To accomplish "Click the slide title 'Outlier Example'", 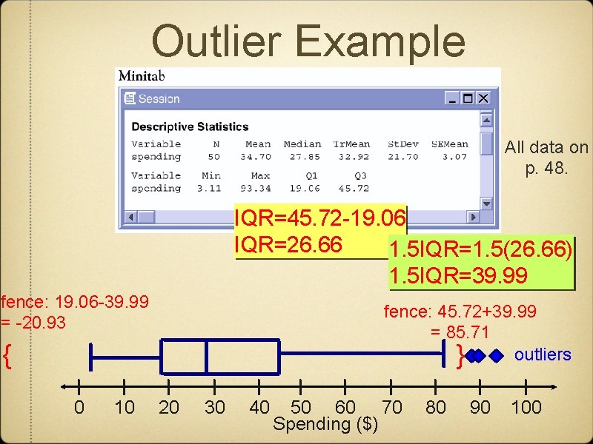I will pyautogui.click(x=308, y=41).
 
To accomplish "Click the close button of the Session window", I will pyautogui.click(x=483, y=98).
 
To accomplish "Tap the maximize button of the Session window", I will pyautogui.click(x=468, y=98).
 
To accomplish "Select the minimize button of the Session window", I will pyautogui.click(x=452, y=98).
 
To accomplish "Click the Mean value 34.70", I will pyautogui.click(x=258, y=157).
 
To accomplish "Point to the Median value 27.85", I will pyautogui.click(x=303, y=157).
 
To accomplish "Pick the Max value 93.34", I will pyautogui.click(x=260, y=188).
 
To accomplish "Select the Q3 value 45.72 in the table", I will pyautogui.click(x=350, y=188).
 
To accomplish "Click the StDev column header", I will pyautogui.click(x=402, y=144).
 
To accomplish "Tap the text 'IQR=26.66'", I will pyautogui.click(x=288, y=244).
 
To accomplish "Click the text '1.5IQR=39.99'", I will pyautogui.click(x=459, y=276).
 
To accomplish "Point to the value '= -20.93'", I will pyautogui.click(x=34, y=323).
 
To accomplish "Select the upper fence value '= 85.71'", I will pyautogui.click(x=460, y=332).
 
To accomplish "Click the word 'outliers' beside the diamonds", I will pyautogui.click(x=543, y=354).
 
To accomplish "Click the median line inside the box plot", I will pyautogui.click(x=205, y=357).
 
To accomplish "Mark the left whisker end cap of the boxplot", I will pyautogui.click(x=90, y=357).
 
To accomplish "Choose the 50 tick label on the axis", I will pyautogui.click(x=301, y=407).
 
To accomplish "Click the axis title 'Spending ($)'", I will pyautogui.click(x=325, y=425).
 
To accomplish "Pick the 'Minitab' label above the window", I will pyautogui.click(x=141, y=75).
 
